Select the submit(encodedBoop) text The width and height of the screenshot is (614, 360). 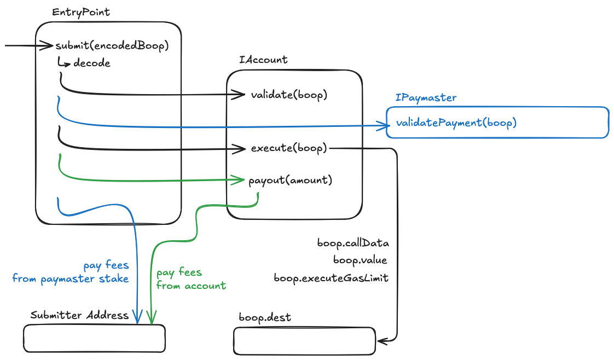[111, 46]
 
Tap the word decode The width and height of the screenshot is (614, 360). [92, 63]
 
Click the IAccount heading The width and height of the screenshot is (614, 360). [263, 60]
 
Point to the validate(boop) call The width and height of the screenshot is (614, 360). [289, 95]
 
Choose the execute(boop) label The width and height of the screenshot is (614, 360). [289, 148]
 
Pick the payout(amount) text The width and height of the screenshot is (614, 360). [290, 180]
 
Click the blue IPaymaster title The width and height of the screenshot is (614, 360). [426, 98]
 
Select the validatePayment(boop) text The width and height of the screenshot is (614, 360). [455, 123]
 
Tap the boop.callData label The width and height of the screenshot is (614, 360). [352, 242]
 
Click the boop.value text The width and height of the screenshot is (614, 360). [360, 260]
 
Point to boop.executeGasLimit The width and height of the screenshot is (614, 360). [331, 278]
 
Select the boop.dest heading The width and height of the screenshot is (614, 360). [265, 317]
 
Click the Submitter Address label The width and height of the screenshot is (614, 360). [79, 315]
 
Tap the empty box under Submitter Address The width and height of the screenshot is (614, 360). [94, 339]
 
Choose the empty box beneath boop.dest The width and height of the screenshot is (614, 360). [304, 341]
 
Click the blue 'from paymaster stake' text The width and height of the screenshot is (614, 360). [71, 279]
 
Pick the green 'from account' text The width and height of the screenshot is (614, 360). [191, 286]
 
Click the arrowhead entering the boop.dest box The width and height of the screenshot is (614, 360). [381, 341]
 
